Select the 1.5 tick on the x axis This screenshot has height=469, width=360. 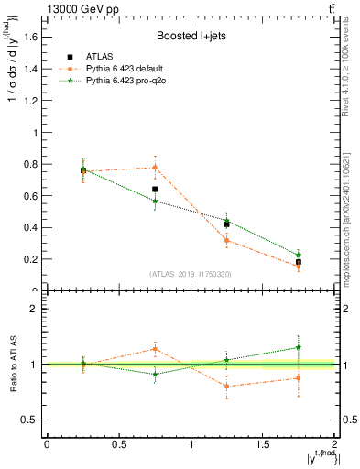[262, 443]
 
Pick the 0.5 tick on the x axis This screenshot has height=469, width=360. [118, 443]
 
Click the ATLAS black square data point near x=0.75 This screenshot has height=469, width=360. [155, 189]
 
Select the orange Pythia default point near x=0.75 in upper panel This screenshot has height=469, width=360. [155, 167]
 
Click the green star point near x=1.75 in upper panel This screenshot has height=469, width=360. [299, 255]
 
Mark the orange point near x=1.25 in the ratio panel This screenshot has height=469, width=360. [226, 387]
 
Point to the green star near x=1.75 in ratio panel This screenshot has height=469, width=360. [299, 347]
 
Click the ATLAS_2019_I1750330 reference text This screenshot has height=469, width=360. [190, 274]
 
